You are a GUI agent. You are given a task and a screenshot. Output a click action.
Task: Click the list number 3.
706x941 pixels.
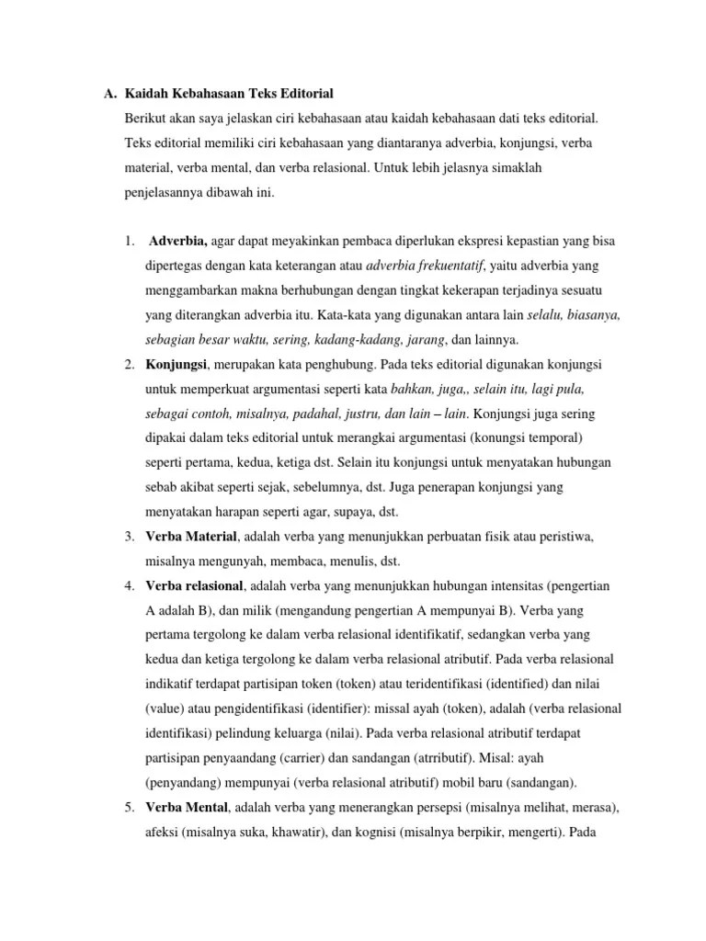click(x=129, y=536)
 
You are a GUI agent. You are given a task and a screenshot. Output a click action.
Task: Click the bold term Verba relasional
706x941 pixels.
click(x=194, y=585)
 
